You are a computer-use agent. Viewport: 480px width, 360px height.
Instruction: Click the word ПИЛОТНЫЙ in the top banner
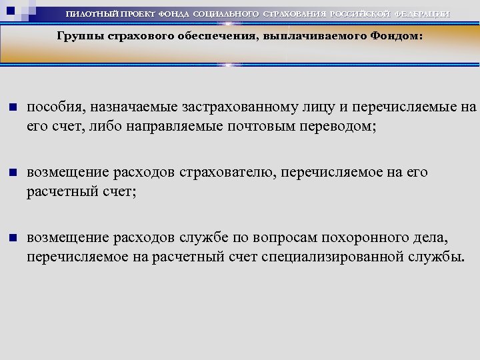pyautogui.click(x=93, y=14)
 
